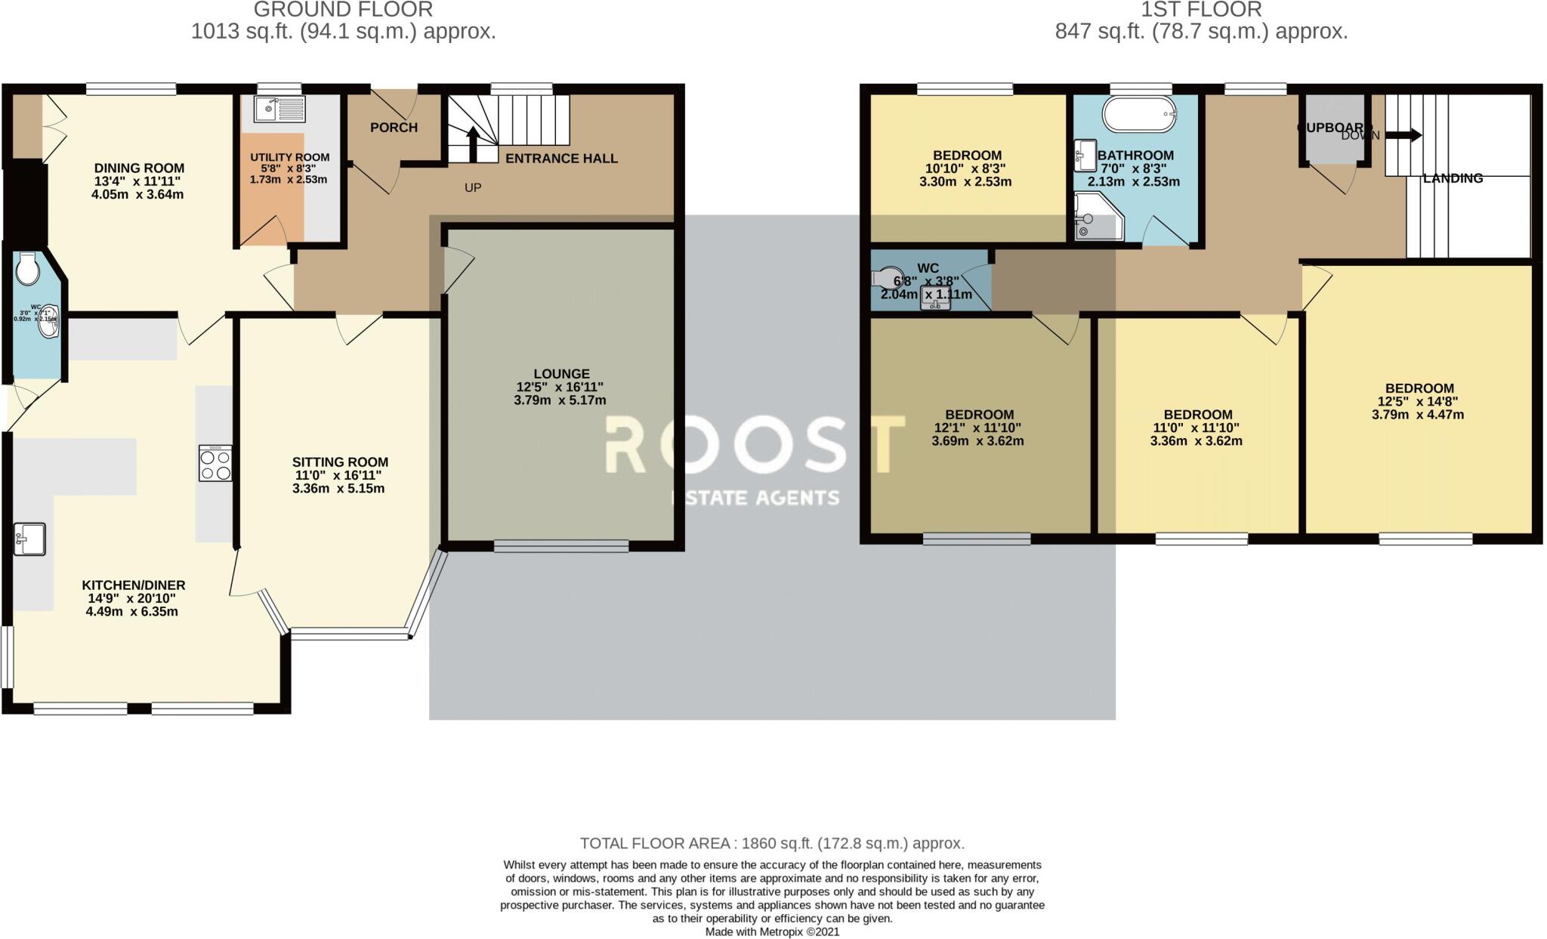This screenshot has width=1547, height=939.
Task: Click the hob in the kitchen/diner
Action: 215,463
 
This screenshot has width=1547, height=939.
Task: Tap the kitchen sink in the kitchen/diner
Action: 29,539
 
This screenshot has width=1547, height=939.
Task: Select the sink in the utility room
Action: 279,109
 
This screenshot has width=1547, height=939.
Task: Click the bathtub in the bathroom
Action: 1140,115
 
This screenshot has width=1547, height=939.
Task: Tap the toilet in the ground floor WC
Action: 28,268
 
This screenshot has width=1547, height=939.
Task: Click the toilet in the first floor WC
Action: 889,278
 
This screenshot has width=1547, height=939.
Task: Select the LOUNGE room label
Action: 560,374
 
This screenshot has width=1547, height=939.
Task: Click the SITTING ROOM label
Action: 340,462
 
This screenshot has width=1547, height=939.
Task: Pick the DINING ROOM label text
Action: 139,168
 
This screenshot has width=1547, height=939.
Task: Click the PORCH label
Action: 394,128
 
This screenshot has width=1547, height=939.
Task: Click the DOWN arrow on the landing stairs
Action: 1403,136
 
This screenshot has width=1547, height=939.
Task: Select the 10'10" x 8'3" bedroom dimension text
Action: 967,168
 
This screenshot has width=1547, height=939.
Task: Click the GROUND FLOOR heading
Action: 343,10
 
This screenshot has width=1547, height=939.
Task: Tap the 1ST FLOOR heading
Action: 1201,10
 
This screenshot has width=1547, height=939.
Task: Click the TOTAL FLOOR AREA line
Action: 772,843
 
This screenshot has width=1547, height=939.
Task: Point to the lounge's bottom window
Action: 561,545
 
